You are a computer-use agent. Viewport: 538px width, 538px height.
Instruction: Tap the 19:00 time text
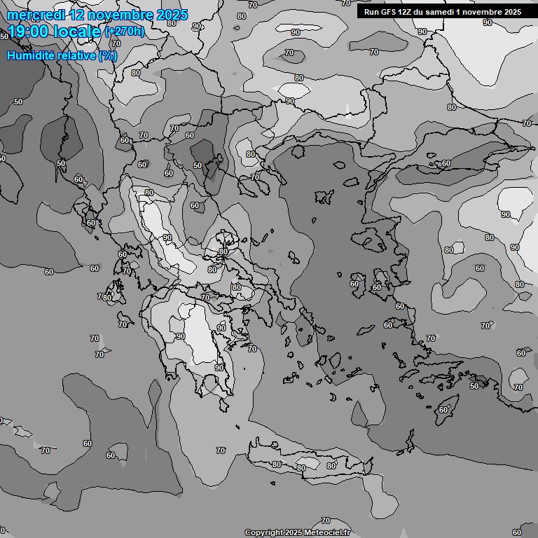[x=28, y=32]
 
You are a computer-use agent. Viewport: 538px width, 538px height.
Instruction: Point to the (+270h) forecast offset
[x=125, y=32]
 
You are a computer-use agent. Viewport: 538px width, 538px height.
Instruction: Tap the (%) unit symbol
[x=108, y=55]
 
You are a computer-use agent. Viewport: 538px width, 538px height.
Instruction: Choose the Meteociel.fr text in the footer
[x=326, y=533]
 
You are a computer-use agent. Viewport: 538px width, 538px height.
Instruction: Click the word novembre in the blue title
[x=123, y=15]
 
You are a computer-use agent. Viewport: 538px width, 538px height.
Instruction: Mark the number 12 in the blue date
[x=79, y=15]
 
